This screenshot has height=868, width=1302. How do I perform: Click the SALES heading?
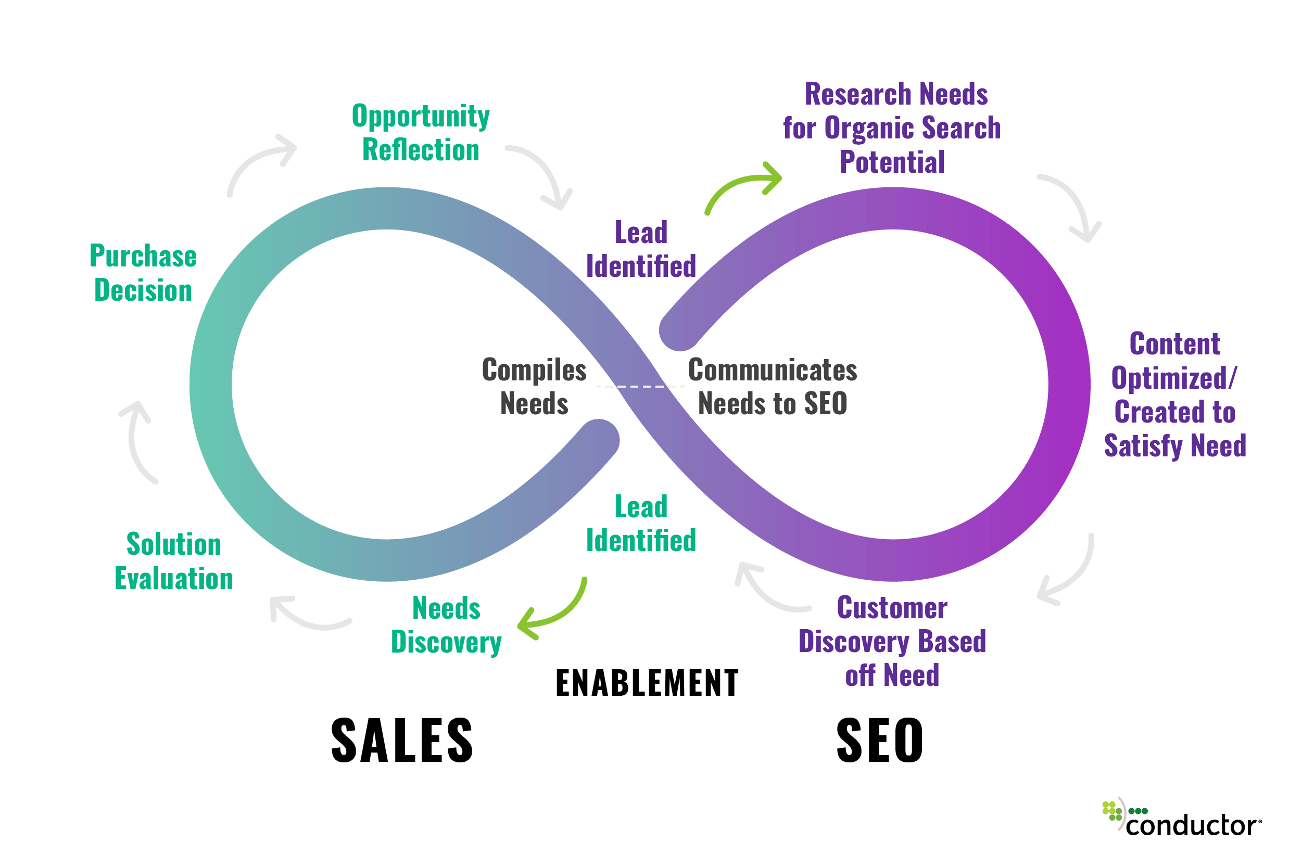tap(401, 741)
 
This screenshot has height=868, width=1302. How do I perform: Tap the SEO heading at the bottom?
tap(879, 741)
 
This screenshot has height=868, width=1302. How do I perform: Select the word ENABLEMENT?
tap(647, 683)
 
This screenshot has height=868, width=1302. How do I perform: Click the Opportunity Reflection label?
tap(420, 133)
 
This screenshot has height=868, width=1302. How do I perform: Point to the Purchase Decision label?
tap(143, 273)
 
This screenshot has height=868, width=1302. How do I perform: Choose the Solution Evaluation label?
tap(173, 561)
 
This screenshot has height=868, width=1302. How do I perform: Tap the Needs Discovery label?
tap(446, 625)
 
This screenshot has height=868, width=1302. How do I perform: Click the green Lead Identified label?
tap(641, 524)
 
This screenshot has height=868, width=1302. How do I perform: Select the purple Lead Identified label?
tap(641, 249)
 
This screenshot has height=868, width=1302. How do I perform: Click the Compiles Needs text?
tap(534, 387)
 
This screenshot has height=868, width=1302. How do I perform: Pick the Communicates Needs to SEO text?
tap(772, 387)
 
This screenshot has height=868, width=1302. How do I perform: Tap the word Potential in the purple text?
tap(892, 162)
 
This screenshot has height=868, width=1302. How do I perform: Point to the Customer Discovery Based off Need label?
tap(892, 641)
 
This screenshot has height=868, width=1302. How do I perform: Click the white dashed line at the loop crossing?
tap(640, 386)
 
